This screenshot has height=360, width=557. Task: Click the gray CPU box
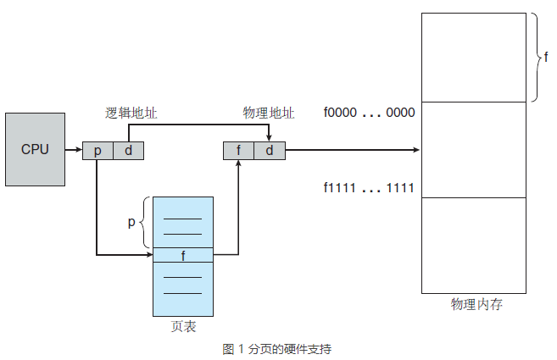tap(35, 149)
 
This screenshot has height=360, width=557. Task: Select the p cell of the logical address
tap(97, 151)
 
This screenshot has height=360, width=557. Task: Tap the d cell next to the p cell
tap(128, 151)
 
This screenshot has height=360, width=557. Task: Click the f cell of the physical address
tap(238, 151)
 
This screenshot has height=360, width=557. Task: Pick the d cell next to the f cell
tap(269, 151)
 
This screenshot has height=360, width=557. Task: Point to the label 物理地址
tap(269, 112)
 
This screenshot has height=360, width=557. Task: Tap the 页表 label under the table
tap(183, 326)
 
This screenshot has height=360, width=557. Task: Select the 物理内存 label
tap(476, 304)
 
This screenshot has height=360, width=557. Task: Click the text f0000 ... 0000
tap(369, 112)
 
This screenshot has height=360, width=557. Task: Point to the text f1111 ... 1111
tap(369, 187)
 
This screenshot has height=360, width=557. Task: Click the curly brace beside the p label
tap(145, 222)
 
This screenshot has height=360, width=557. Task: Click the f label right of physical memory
tap(546, 58)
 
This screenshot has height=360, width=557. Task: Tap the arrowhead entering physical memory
tap(416, 150)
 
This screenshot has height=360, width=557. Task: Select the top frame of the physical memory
tap(476, 58)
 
